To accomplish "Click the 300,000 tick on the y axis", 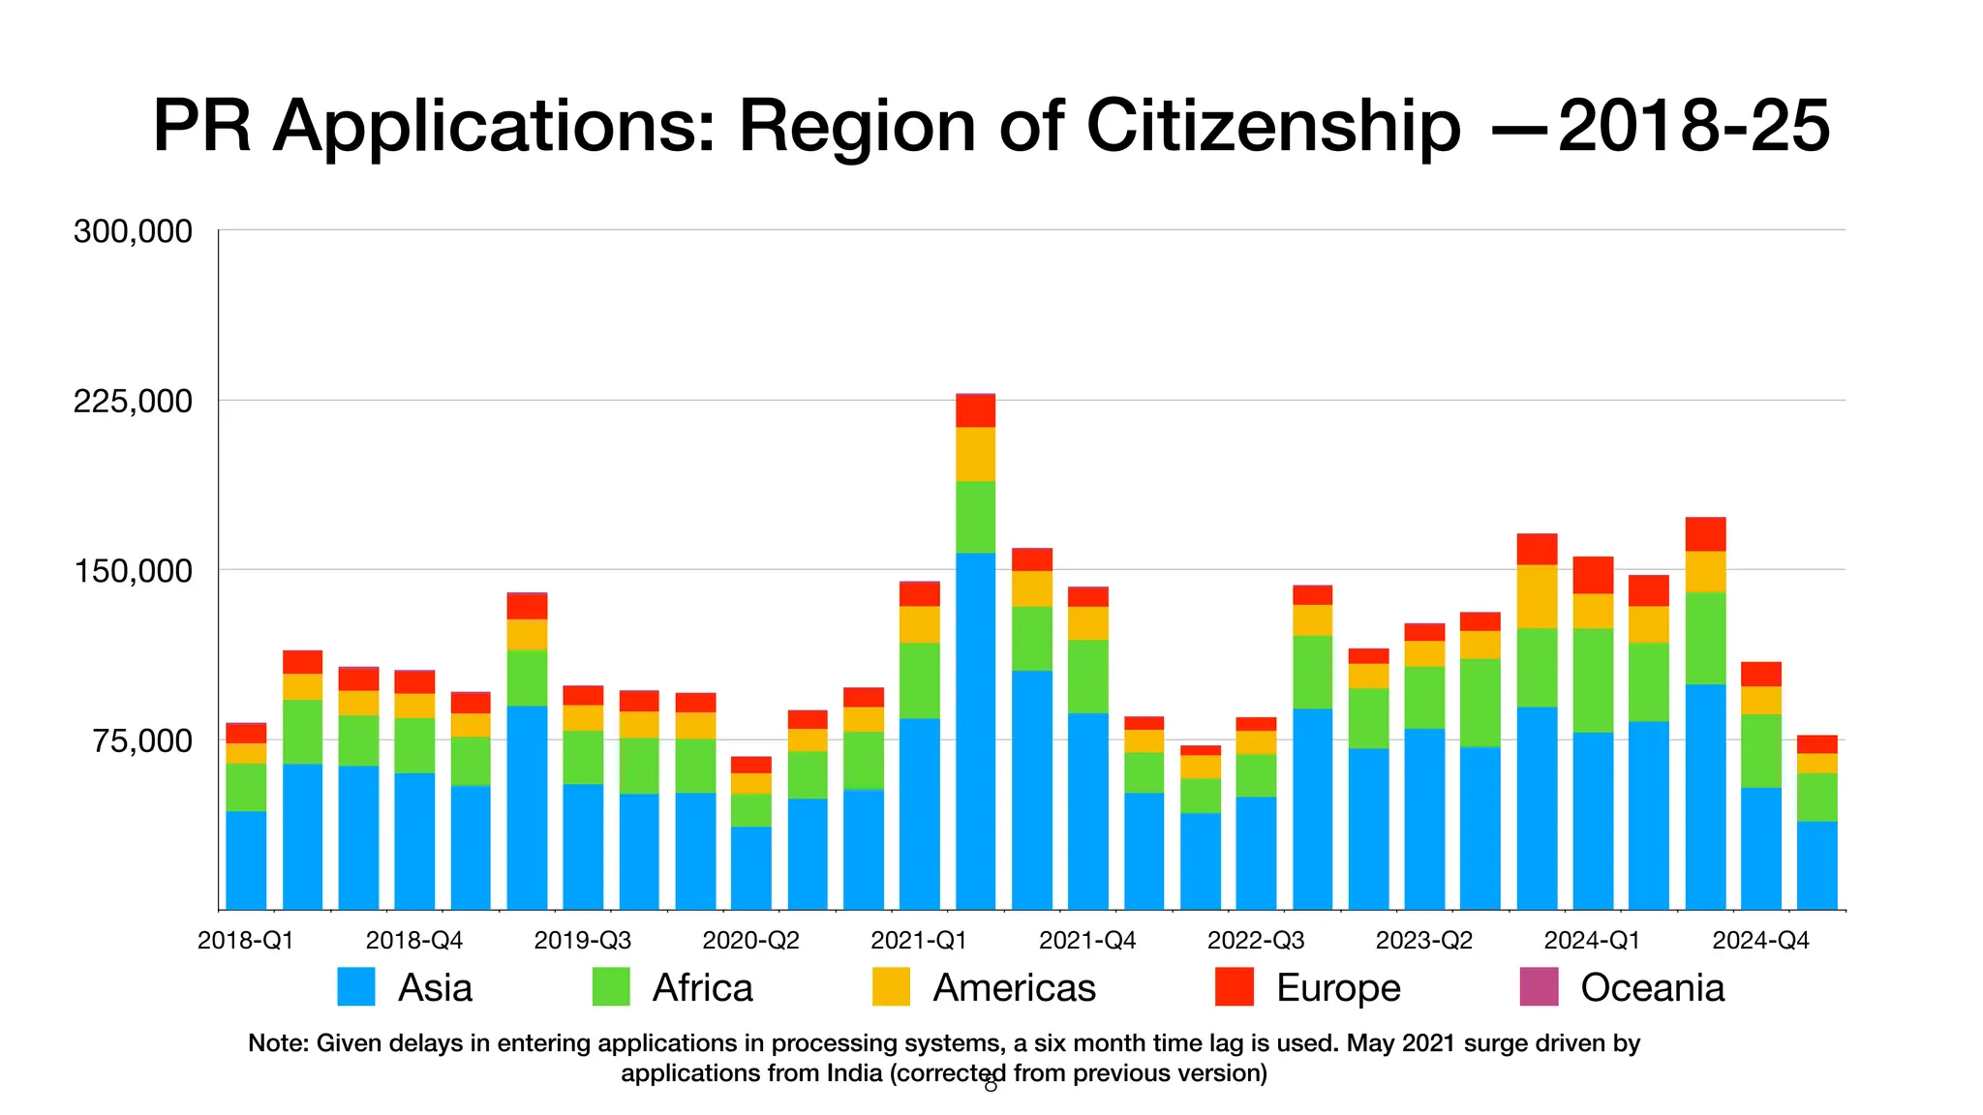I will pyautogui.click(x=133, y=232).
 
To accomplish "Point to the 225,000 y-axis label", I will pyautogui.click(x=133, y=401).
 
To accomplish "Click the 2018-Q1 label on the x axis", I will pyautogui.click(x=245, y=941).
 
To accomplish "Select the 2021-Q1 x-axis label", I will pyautogui.click(x=918, y=941).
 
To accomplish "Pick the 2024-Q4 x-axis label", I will pyautogui.click(x=1760, y=941).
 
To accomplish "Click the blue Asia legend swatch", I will pyautogui.click(x=356, y=987).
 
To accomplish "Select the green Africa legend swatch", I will pyautogui.click(x=611, y=987).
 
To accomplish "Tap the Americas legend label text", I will pyautogui.click(x=1014, y=988).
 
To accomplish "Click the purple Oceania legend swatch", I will pyautogui.click(x=1539, y=987).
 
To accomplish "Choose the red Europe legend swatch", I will pyautogui.click(x=1235, y=987).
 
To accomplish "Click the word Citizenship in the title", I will pyautogui.click(x=1273, y=127).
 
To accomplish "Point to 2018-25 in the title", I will pyautogui.click(x=1694, y=127).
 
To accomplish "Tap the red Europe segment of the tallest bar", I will pyautogui.click(x=975, y=411).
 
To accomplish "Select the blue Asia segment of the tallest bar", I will pyautogui.click(x=975, y=731).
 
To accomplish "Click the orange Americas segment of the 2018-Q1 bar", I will pyautogui.click(x=246, y=753).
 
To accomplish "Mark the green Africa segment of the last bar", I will pyautogui.click(x=1816, y=797).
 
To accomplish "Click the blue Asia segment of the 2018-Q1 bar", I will pyautogui.click(x=246, y=859).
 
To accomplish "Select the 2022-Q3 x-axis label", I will pyautogui.click(x=1255, y=941).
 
